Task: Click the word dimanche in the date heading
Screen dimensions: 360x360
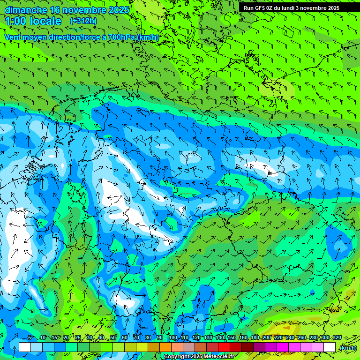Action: pyautogui.click(x=26, y=10)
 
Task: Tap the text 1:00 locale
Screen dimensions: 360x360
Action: pyautogui.click(x=33, y=21)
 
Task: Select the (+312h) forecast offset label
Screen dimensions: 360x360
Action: pyautogui.click(x=83, y=21)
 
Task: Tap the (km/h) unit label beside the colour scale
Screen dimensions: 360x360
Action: pyautogui.click(x=347, y=348)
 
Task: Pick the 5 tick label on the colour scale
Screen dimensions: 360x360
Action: pyautogui.click(x=30, y=337)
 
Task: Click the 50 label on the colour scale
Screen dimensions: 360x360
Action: pyautogui.click(x=113, y=337)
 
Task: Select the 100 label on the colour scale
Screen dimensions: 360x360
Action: pyautogui.click(x=172, y=337)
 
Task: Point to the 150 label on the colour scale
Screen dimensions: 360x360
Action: pyautogui.click(x=232, y=337)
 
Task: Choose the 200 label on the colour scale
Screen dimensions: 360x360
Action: pyautogui.click(x=267, y=337)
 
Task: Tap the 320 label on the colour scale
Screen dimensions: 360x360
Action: pyautogui.click(x=337, y=337)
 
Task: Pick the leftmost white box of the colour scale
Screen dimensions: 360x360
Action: pyautogui.click(x=25, y=347)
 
